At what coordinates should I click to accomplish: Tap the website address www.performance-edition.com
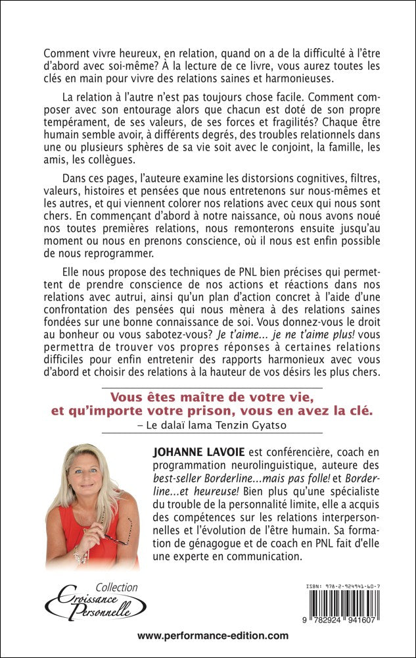coord(214,636)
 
